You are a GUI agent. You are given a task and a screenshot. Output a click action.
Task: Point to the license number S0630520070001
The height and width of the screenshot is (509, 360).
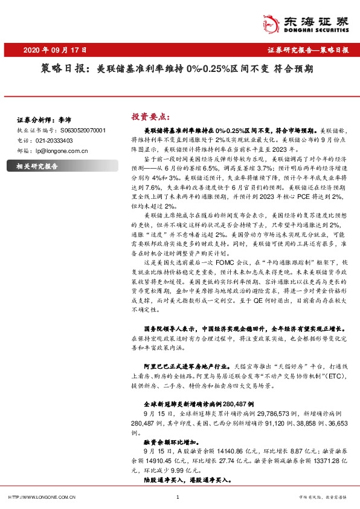(83, 130)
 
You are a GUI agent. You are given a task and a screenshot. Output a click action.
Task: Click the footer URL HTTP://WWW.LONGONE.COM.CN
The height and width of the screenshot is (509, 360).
(42, 497)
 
